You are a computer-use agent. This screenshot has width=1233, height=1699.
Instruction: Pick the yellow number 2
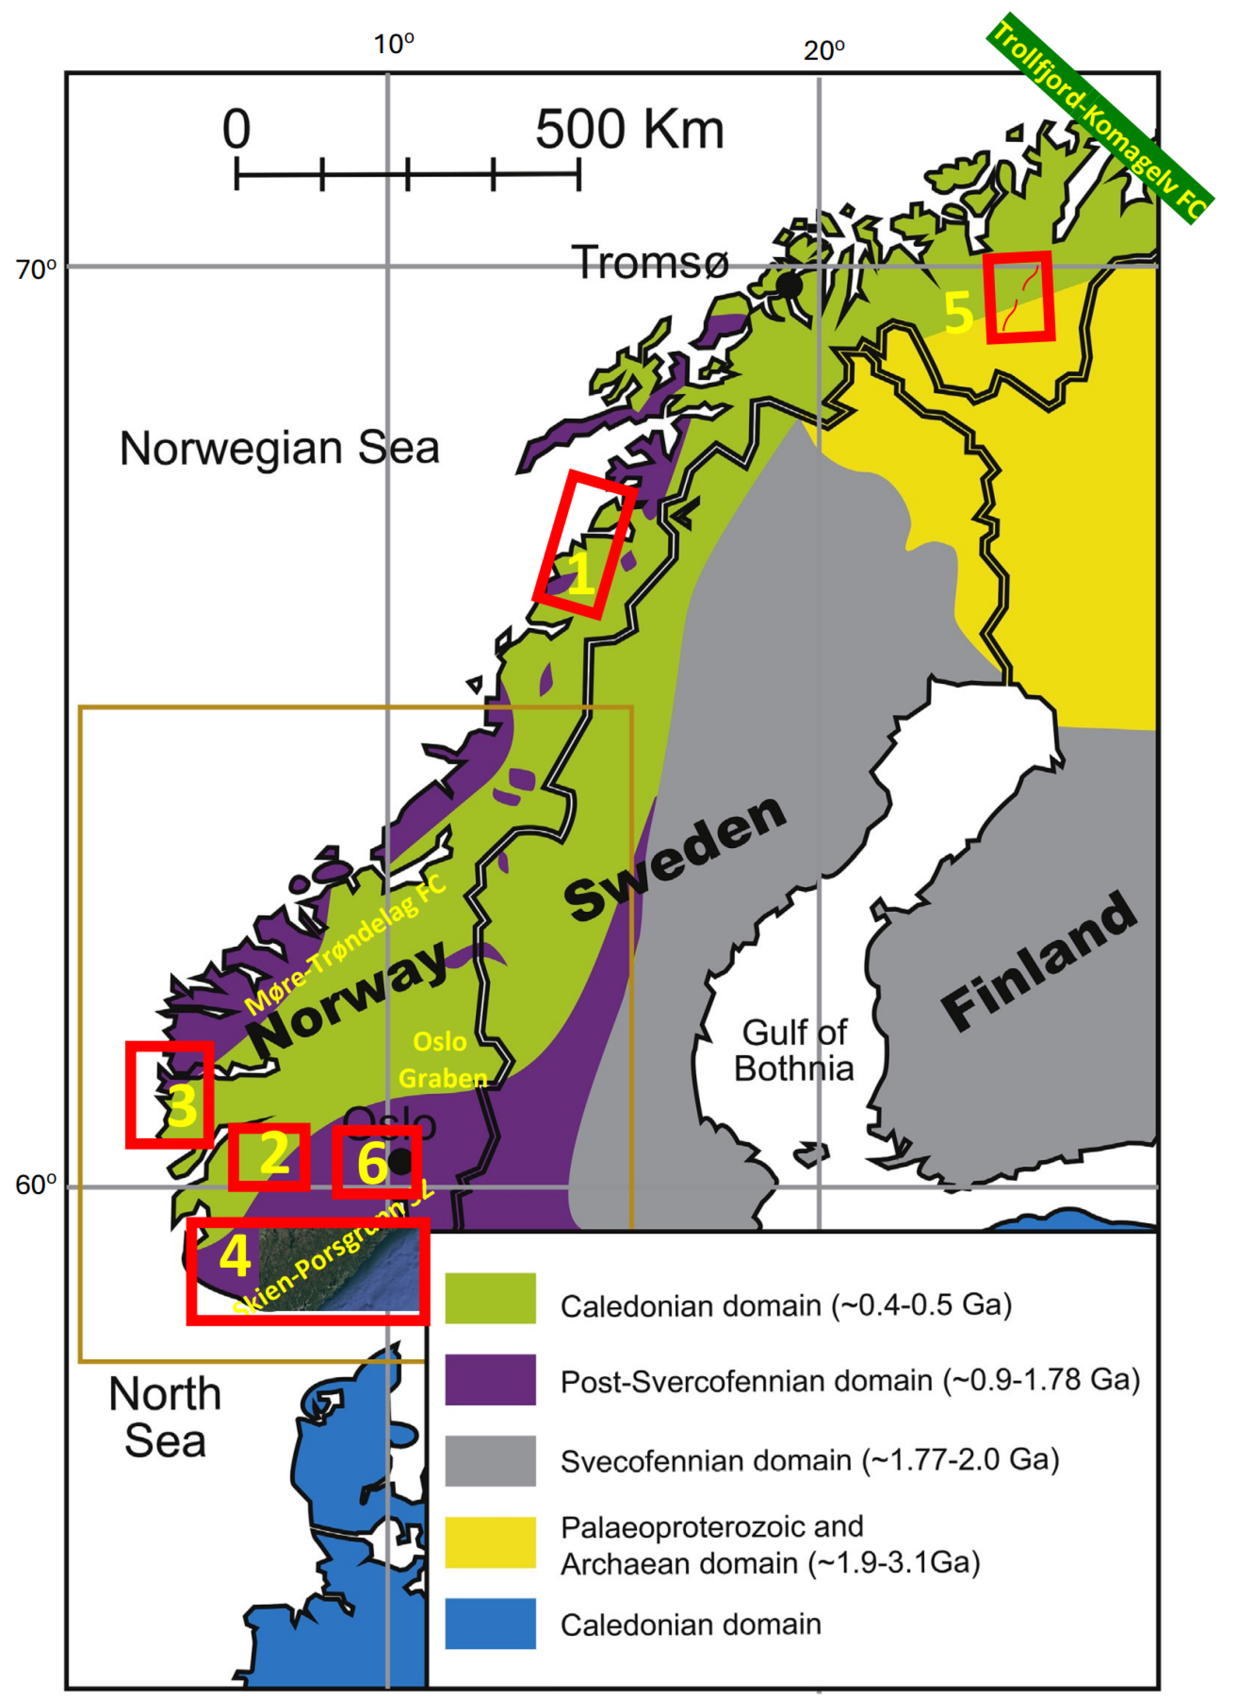click(x=274, y=1154)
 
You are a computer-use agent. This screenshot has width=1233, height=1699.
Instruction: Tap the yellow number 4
click(x=235, y=1256)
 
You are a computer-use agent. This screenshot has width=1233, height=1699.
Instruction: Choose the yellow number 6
click(x=372, y=1163)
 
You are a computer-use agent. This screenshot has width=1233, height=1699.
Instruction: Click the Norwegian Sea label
click(x=279, y=449)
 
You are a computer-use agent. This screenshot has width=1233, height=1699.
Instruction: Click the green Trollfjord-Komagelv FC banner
click(x=1100, y=120)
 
